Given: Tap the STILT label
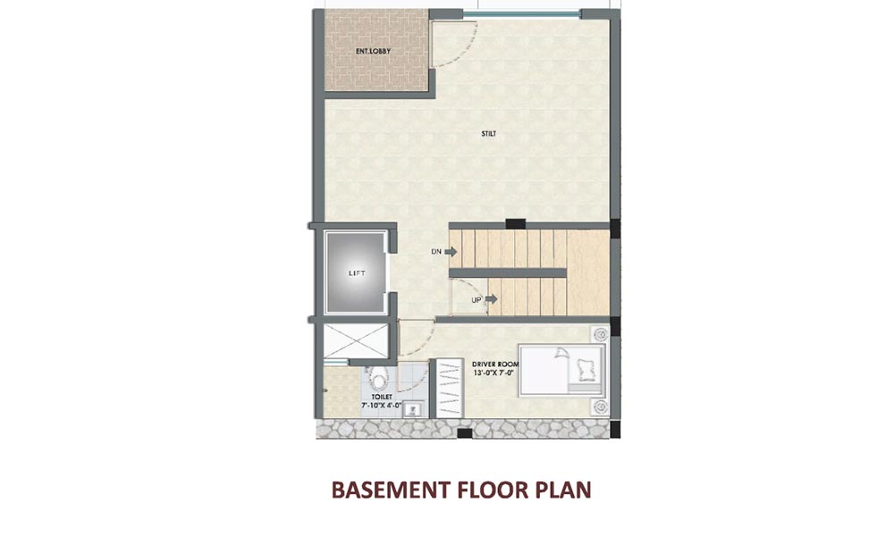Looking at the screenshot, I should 488,135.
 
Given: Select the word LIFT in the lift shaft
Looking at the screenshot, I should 357,273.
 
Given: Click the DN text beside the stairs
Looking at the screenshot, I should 437,252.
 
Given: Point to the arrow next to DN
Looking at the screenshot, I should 451,252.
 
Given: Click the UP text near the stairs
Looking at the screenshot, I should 477,299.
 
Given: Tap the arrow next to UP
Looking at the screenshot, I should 491,299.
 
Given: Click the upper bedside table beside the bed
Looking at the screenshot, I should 598,334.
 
